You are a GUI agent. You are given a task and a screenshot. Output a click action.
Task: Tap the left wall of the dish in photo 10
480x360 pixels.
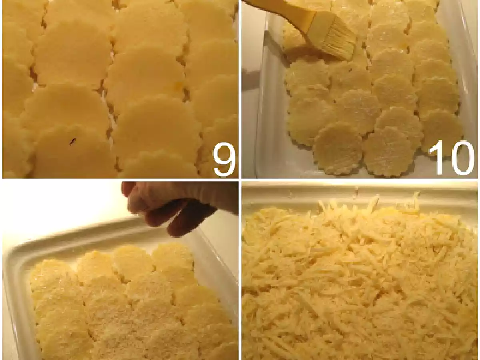(261, 98)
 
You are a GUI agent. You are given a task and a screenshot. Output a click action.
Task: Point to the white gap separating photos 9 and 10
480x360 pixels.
(240, 89)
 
